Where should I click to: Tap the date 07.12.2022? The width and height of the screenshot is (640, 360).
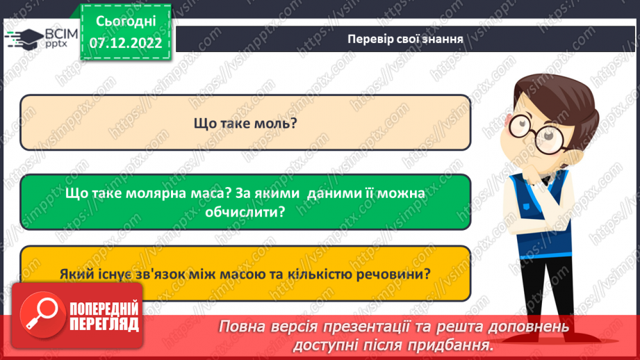click(x=125, y=42)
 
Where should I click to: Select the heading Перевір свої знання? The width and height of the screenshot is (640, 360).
click(x=406, y=38)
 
